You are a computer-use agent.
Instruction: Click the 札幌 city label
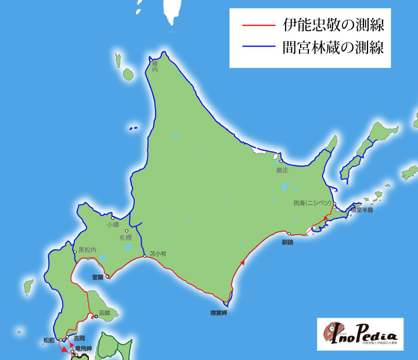[x=126, y=237]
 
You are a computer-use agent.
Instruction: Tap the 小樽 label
[x=113, y=224]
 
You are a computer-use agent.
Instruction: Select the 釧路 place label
[x=288, y=242]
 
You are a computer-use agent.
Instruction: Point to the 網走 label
[x=283, y=170]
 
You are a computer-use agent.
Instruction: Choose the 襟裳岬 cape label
[x=218, y=313]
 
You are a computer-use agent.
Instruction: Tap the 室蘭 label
[x=98, y=278]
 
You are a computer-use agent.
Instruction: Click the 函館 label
[x=105, y=312]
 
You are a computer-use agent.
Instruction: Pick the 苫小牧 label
[x=158, y=254]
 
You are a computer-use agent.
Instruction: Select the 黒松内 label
[x=88, y=249]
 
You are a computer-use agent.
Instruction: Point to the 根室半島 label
[x=361, y=210]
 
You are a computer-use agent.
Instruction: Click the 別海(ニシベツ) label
[x=312, y=203]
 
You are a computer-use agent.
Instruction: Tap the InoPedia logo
[x=360, y=334]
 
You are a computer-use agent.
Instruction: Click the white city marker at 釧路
[x=289, y=233]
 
